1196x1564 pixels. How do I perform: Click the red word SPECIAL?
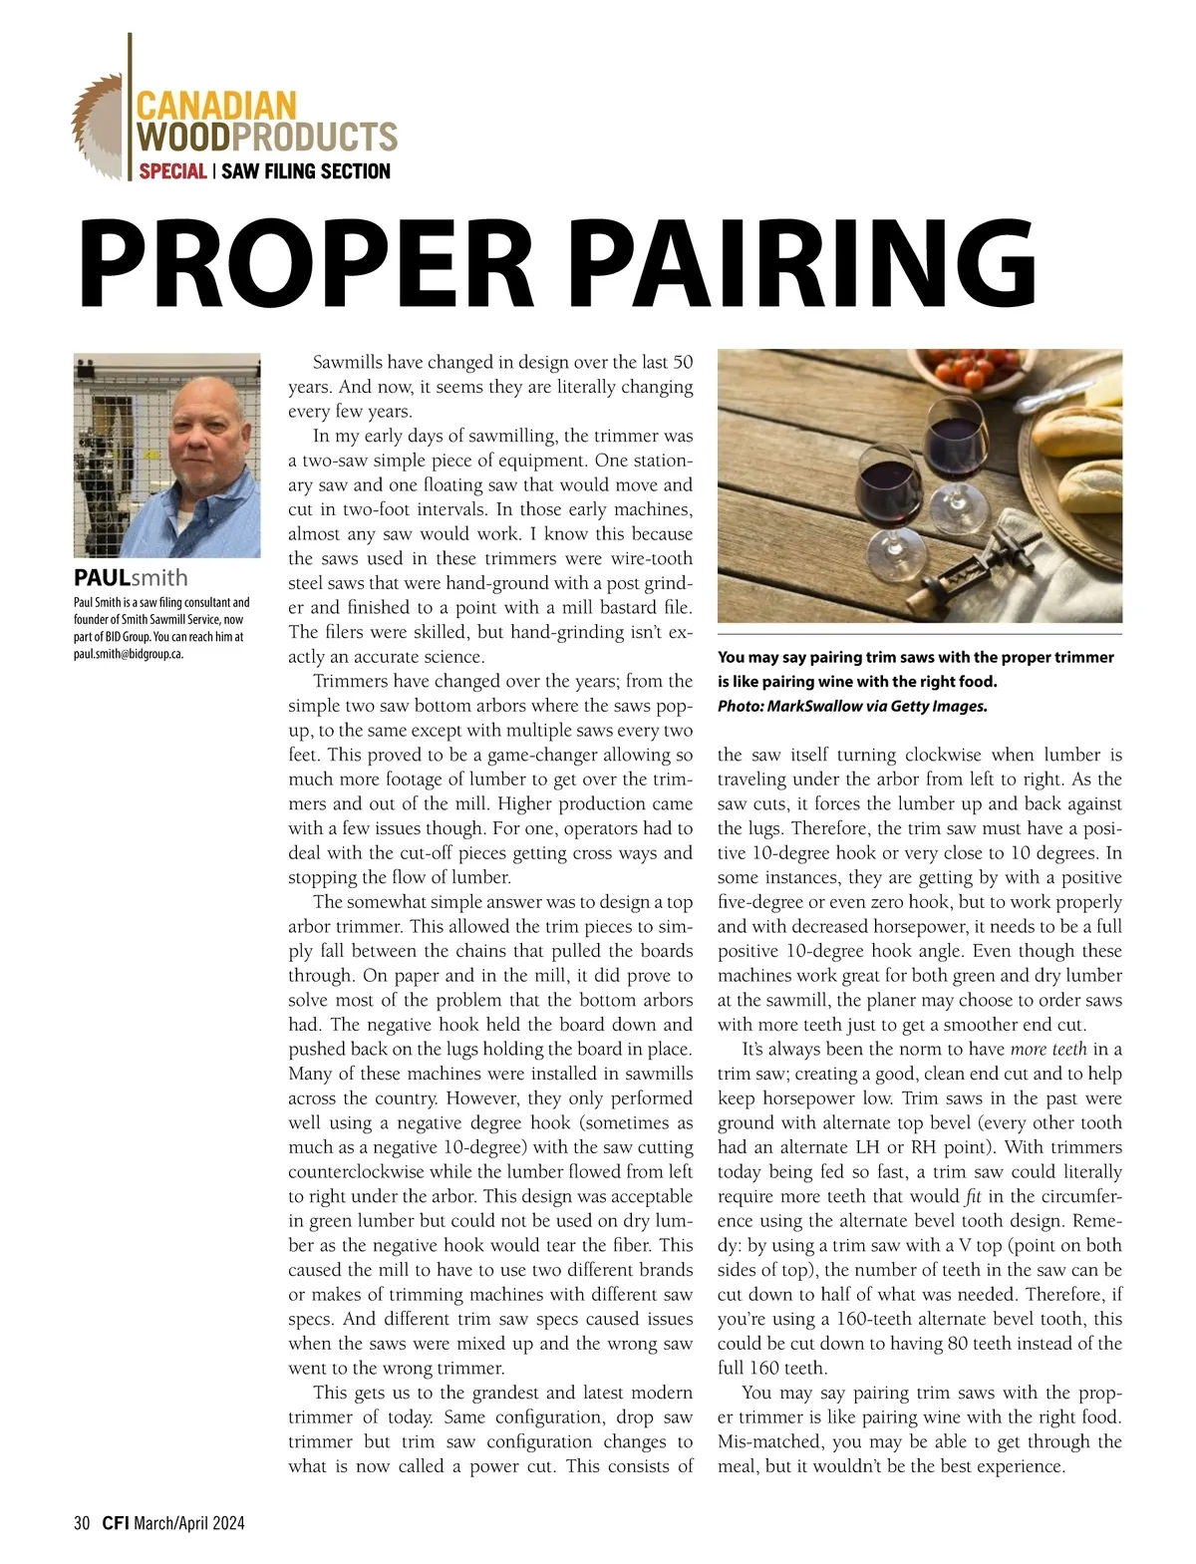click(173, 171)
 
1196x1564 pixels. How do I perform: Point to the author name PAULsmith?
click(131, 578)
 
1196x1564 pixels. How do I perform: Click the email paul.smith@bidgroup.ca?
click(129, 655)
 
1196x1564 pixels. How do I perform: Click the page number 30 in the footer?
click(82, 1523)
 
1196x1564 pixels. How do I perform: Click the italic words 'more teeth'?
click(1048, 1050)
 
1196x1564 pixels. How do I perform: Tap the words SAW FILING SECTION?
click(305, 171)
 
